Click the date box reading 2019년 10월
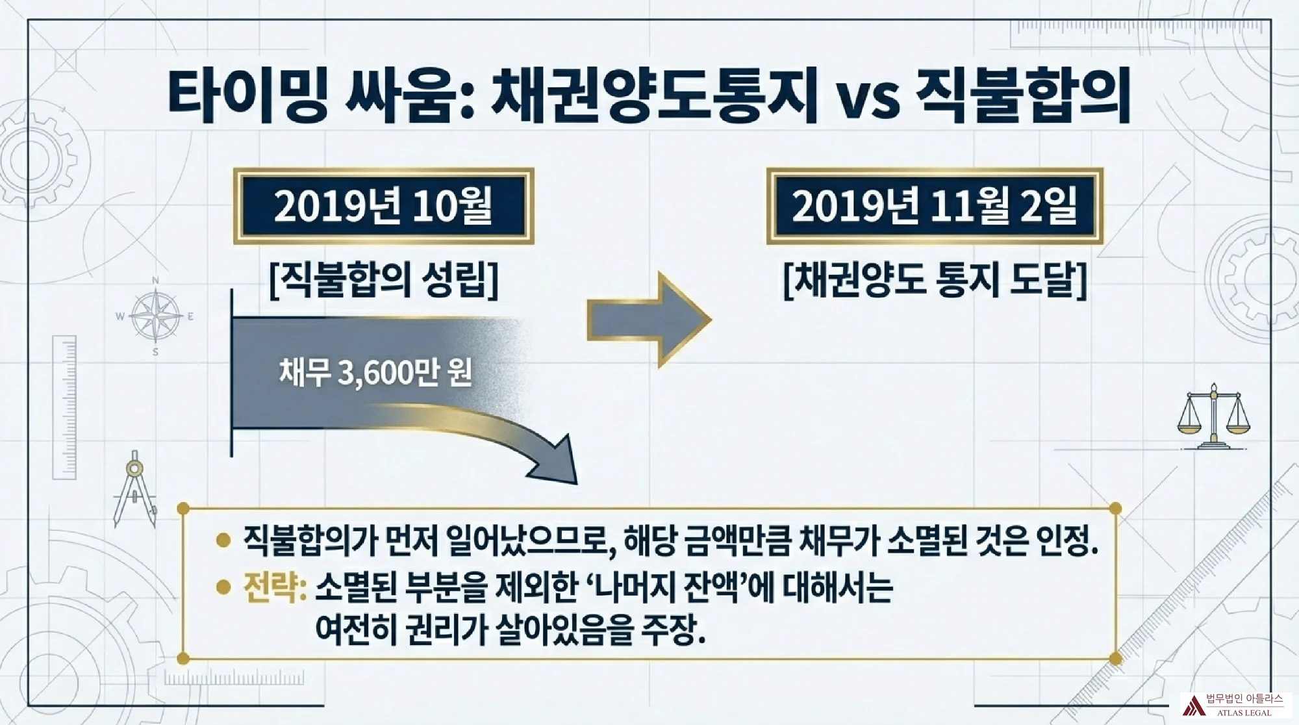(383, 206)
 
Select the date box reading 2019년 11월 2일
(935, 206)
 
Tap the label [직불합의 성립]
(384, 279)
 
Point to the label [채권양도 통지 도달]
(935, 279)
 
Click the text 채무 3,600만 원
(375, 372)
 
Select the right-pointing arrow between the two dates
(649, 320)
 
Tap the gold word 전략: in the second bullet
(275, 587)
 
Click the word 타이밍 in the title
(247, 95)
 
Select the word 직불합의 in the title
(1024, 95)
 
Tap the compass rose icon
(156, 316)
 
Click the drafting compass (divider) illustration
(135, 489)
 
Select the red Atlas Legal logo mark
(1192, 705)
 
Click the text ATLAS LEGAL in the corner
(1244, 713)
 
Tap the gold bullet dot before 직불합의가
(223, 540)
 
